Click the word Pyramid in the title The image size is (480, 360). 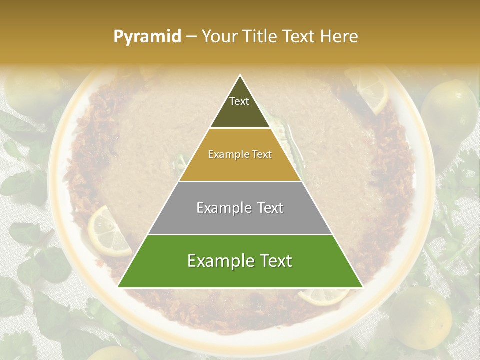click(147, 36)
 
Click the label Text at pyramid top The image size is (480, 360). click(239, 101)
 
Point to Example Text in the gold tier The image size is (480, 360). click(240, 154)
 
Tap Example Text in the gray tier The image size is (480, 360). click(240, 208)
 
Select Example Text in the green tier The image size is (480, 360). click(240, 261)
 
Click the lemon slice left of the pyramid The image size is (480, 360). click(107, 231)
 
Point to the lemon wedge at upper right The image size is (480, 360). click(370, 90)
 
